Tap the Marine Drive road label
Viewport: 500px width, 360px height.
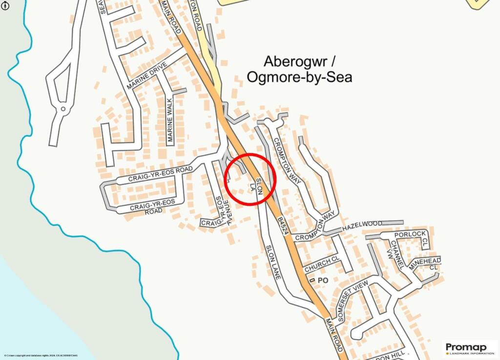pyautogui.click(x=147, y=75)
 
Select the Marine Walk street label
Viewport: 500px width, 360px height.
pyautogui.click(x=170, y=120)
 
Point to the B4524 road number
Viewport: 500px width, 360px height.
pyautogui.click(x=282, y=225)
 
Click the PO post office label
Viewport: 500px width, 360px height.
pyautogui.click(x=322, y=280)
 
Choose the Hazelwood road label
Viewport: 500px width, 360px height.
pyautogui.click(x=362, y=224)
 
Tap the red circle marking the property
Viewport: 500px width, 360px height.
pyautogui.click(x=250, y=179)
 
